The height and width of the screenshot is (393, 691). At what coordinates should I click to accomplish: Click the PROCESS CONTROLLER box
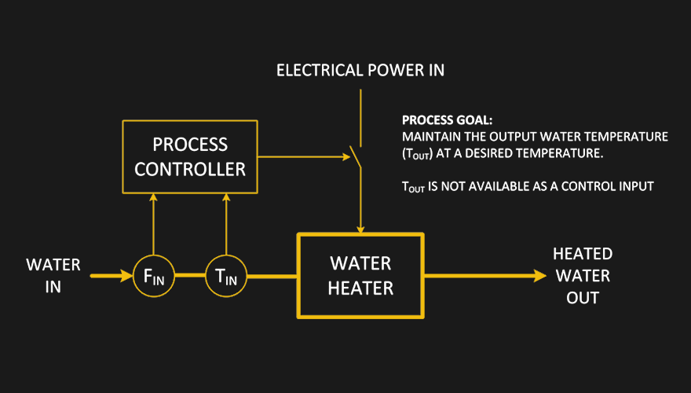(x=189, y=156)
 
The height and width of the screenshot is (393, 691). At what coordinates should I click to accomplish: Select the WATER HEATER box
(x=360, y=275)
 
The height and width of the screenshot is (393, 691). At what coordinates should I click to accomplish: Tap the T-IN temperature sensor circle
(x=226, y=276)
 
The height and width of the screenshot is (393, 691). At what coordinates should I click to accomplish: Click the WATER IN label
(x=53, y=275)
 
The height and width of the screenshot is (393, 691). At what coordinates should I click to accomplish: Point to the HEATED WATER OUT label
(x=582, y=276)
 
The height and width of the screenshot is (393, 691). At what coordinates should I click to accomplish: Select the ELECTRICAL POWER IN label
(x=360, y=71)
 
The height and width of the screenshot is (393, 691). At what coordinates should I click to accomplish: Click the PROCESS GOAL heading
(x=447, y=121)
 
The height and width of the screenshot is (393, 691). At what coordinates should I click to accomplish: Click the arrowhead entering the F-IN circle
(x=126, y=276)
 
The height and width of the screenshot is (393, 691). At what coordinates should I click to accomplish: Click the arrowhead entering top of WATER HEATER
(x=360, y=229)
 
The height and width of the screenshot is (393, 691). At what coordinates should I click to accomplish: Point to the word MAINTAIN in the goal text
(x=427, y=137)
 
